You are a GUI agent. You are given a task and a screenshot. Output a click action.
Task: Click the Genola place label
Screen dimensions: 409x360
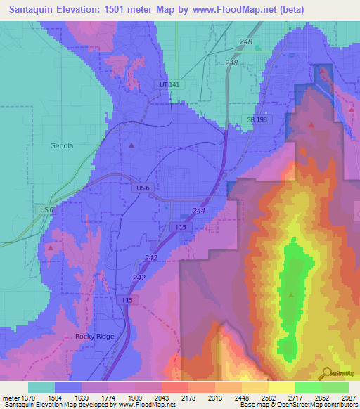point(62,146)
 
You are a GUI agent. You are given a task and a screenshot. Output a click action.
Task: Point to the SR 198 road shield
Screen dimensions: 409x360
point(257,119)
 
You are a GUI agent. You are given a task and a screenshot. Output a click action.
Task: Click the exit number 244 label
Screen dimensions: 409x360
point(199,211)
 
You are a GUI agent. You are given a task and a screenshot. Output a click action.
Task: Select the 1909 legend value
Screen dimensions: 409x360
point(146,398)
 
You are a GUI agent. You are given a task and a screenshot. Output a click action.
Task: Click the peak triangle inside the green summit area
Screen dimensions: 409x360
point(290,294)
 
